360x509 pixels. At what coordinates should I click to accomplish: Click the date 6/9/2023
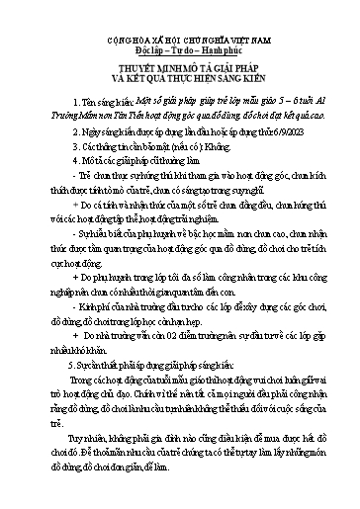(269, 128)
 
